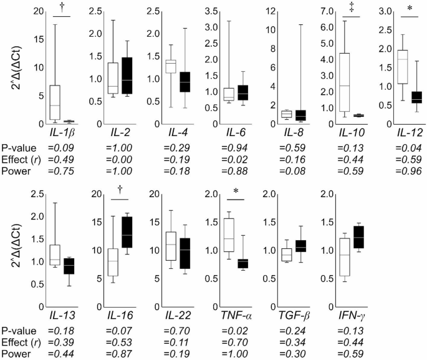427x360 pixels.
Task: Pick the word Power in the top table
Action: pyautogui.click(x=16, y=172)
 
